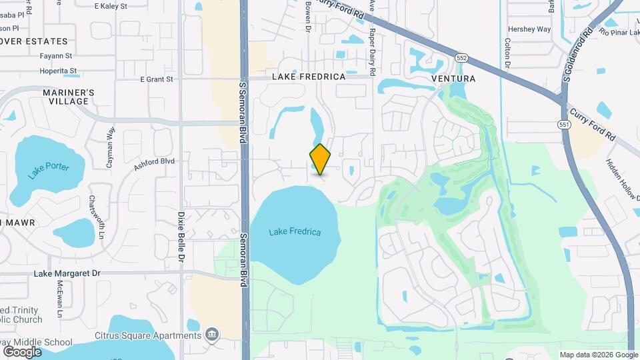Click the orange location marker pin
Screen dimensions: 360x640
[x=320, y=159]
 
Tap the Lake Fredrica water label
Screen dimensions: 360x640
[x=295, y=232]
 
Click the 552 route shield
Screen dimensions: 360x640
[x=461, y=59]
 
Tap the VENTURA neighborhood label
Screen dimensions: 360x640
[x=453, y=79]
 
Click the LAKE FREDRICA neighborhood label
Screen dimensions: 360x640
[x=309, y=77]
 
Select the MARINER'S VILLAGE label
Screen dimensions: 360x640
[x=69, y=97]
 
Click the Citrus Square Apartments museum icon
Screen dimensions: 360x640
[x=212, y=334]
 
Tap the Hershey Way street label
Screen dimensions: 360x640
[x=529, y=29]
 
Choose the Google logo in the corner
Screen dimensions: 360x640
[x=22, y=351]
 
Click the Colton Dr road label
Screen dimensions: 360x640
[x=507, y=52]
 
